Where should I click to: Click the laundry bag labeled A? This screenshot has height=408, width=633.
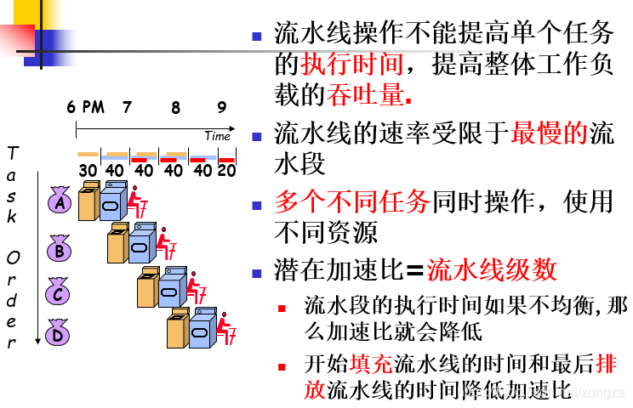pyautogui.click(x=59, y=202)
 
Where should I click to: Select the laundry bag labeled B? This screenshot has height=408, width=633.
pyautogui.click(x=59, y=250)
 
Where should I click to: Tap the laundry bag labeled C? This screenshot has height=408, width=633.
pyautogui.click(x=59, y=292)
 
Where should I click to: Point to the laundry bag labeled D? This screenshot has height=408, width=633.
pyautogui.click(x=59, y=332)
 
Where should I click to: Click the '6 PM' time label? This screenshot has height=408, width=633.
pyautogui.click(x=86, y=107)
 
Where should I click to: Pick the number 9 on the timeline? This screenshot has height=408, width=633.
pyautogui.click(x=221, y=107)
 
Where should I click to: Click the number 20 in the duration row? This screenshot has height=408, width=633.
pyautogui.click(x=226, y=170)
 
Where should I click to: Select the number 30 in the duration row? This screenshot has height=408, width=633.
pyautogui.click(x=88, y=170)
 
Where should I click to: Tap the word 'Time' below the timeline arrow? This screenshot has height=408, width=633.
pyautogui.click(x=217, y=136)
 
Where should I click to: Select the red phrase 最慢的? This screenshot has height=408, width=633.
pyautogui.click(x=550, y=133)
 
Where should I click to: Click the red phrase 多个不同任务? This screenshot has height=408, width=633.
pyautogui.click(x=352, y=201)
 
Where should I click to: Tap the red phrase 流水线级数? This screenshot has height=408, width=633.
pyautogui.click(x=493, y=269)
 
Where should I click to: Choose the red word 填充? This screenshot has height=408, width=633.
pyautogui.click(x=372, y=365)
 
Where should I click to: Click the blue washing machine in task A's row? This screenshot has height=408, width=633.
pyautogui.click(x=112, y=204)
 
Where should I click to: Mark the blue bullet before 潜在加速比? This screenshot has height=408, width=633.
pyautogui.click(x=258, y=273)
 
